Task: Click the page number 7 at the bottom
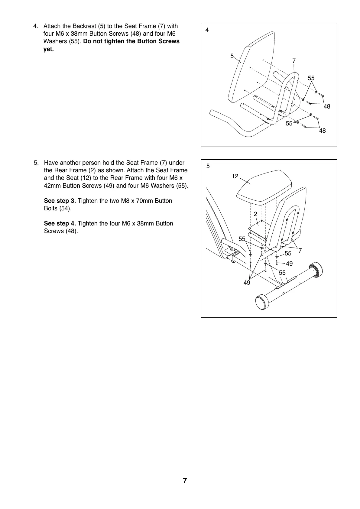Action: point(185,481)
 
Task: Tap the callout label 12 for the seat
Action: point(235,176)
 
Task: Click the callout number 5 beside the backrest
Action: point(232,56)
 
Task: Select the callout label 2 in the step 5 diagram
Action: point(255,214)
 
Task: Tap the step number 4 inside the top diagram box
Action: point(207,30)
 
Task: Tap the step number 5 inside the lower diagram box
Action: point(208,166)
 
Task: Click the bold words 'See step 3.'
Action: point(60,201)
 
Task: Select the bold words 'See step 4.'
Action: point(60,224)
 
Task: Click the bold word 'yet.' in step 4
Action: point(49,49)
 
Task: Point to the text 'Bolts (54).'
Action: point(58,209)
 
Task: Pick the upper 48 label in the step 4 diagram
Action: point(327,107)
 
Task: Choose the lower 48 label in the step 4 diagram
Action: point(323,131)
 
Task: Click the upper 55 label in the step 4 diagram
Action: point(311,78)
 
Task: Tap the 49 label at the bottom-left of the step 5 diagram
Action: point(247,283)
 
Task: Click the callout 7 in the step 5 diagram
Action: point(300,251)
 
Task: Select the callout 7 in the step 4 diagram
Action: point(294,61)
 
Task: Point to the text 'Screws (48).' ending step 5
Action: point(61,231)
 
